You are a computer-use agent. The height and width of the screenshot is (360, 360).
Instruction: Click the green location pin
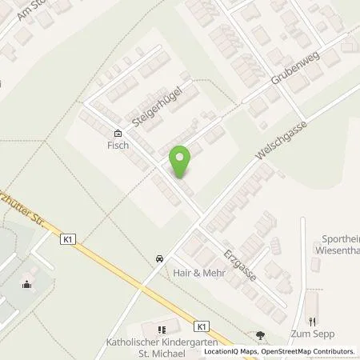[x=181, y=162]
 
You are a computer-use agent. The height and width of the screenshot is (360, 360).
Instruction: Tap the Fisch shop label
[x=118, y=146]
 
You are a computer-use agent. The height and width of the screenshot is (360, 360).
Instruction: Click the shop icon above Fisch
[x=118, y=134]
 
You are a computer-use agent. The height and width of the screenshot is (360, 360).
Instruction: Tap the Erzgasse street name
[x=239, y=261]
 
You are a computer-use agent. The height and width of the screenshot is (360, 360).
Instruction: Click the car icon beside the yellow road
[x=160, y=258]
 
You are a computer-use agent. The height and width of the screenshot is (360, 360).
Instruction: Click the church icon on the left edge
[x=27, y=283]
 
